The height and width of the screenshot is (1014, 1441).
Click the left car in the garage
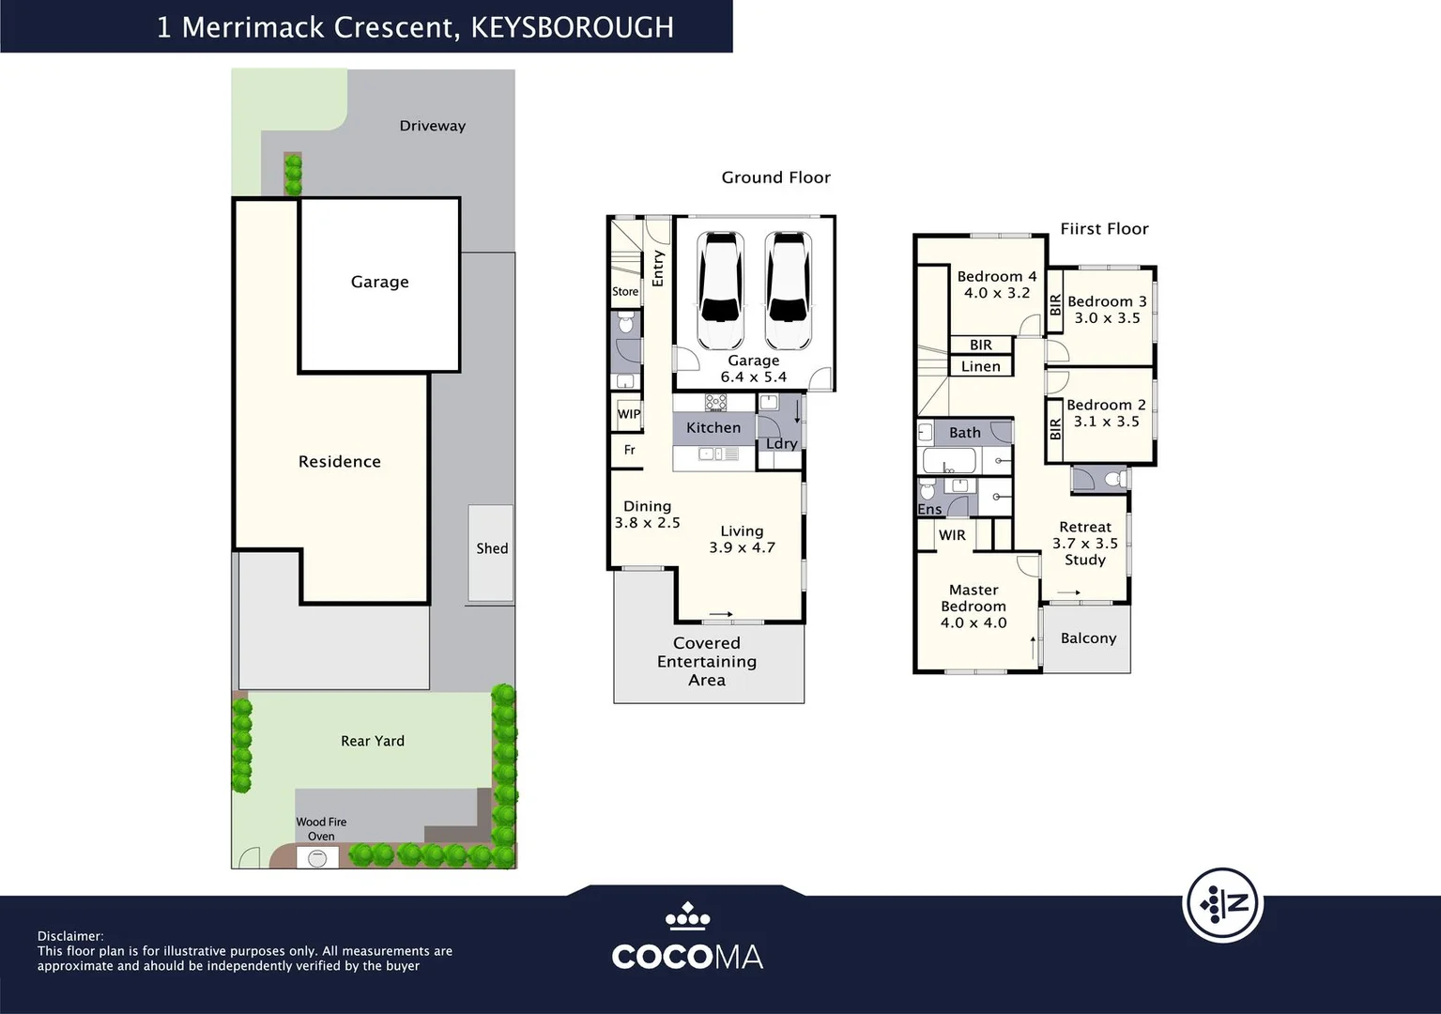[x=721, y=290]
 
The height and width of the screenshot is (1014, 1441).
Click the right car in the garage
[x=787, y=290]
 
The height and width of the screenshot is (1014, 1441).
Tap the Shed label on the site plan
[x=491, y=548]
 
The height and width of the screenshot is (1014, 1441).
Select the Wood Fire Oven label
[x=321, y=828]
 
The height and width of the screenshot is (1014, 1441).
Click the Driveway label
[x=432, y=126]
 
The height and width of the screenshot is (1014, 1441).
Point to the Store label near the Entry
[x=625, y=292]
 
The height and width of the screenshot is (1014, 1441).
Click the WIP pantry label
[x=628, y=414]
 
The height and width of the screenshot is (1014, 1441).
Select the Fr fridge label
[x=629, y=451]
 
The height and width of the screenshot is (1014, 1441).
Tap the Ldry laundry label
[x=781, y=443]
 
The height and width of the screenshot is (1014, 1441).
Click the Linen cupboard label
[x=980, y=366]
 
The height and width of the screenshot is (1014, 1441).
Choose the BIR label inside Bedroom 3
[x=1055, y=304]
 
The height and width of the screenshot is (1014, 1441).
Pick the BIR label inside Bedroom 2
[x=1055, y=429]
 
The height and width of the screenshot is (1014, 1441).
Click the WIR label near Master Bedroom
[x=952, y=535]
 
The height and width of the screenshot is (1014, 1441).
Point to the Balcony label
[x=1088, y=638]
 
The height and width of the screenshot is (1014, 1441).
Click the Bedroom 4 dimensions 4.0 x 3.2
[x=996, y=293]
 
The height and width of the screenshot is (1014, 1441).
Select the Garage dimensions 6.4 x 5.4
[x=753, y=377]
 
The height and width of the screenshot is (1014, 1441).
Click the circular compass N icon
[x=1222, y=904]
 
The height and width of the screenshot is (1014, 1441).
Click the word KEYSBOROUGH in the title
[x=572, y=27]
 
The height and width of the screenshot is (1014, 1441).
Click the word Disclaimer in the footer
[x=69, y=936]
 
